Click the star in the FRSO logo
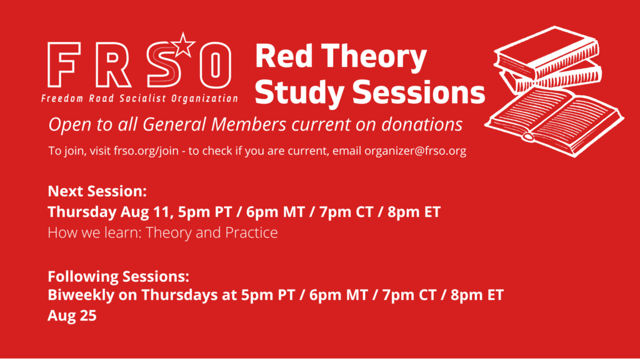(x=183, y=45)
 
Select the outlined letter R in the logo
(x=112, y=64)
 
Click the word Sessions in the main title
(x=418, y=92)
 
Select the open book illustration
(x=554, y=122)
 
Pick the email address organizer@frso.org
(x=415, y=151)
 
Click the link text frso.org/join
(x=146, y=151)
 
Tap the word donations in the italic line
(x=422, y=124)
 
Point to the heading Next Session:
(x=97, y=191)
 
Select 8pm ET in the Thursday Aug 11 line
(x=414, y=212)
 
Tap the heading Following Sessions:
(x=118, y=277)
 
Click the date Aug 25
(x=72, y=316)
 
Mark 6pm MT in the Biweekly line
(x=338, y=295)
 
